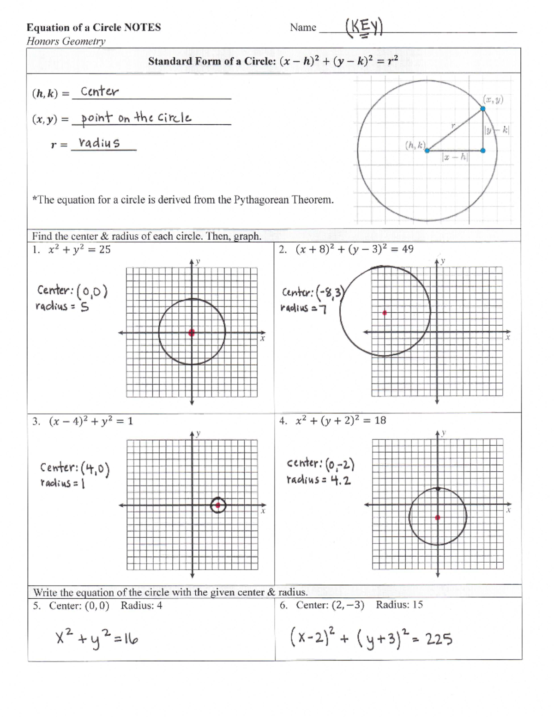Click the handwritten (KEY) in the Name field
[x=364, y=28]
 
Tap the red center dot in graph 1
[x=192, y=332]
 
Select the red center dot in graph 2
[x=385, y=313]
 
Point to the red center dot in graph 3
[x=217, y=505]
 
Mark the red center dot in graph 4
[x=438, y=517]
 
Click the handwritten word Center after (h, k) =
[x=100, y=91]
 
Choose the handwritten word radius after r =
[x=99, y=143]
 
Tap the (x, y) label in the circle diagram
[x=493, y=99]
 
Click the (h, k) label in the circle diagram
[x=415, y=145]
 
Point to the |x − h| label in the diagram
[x=455, y=158]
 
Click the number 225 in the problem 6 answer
[x=439, y=639]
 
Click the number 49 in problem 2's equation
[x=408, y=249]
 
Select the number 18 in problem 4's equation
[x=380, y=420]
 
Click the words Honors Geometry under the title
[x=66, y=41]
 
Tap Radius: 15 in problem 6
[x=399, y=605]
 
